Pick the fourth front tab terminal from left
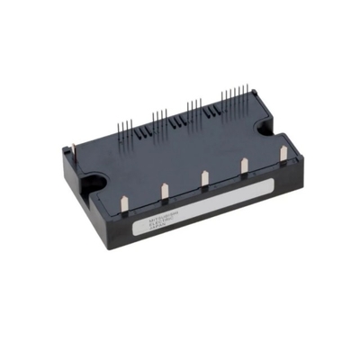pos(245,165)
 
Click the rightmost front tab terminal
pos(283,152)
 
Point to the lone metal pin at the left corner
pos(71,155)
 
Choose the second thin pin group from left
pos(159,116)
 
